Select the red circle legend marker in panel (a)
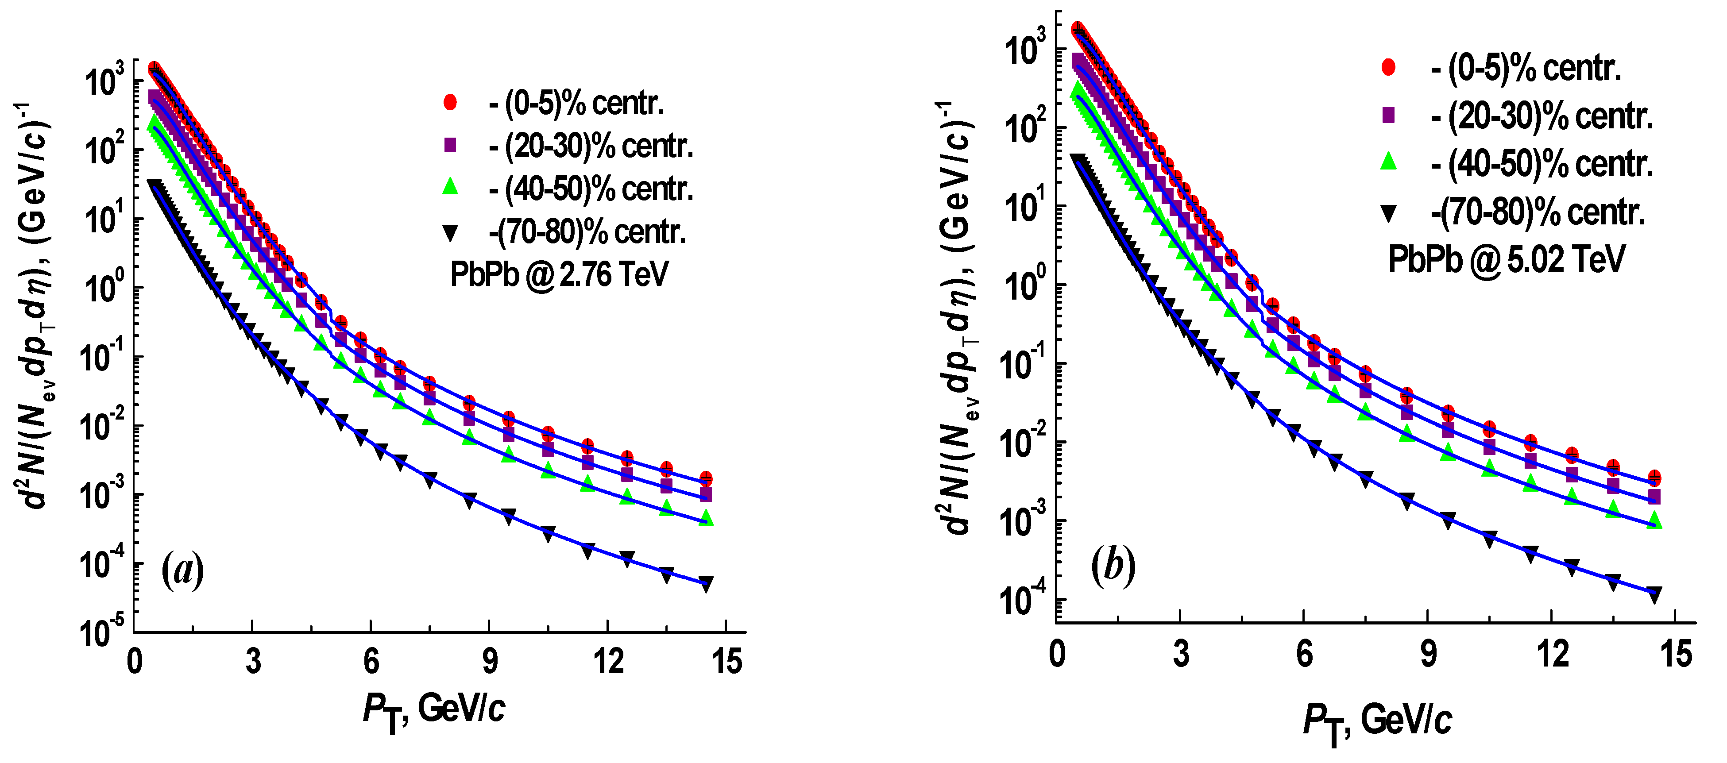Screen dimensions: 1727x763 450,102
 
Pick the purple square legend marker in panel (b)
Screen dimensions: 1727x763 1388,116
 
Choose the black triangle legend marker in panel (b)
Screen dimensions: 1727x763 1388,214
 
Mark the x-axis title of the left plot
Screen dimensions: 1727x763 434,713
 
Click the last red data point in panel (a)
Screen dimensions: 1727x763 705,479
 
